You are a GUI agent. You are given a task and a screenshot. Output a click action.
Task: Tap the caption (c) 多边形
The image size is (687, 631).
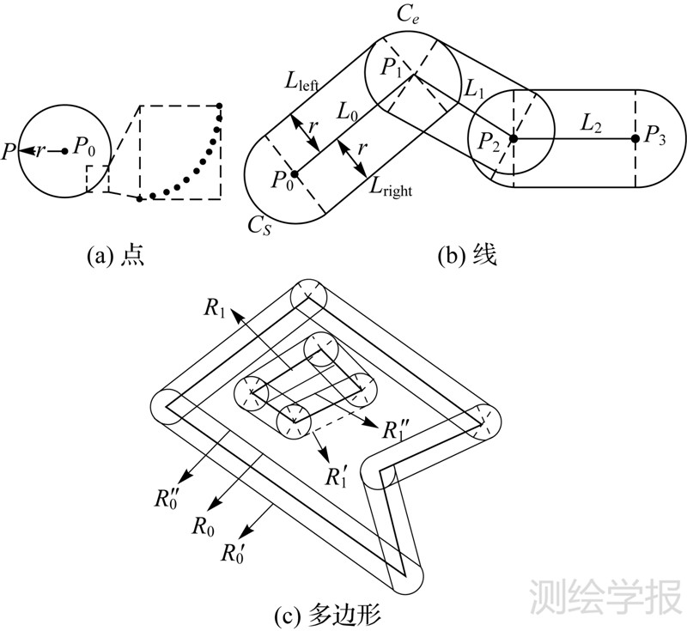(x=337, y=615)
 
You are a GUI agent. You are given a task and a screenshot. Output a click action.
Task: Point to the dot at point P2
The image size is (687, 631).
(x=513, y=137)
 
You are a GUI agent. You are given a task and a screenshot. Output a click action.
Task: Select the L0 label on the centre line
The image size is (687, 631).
(x=350, y=112)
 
